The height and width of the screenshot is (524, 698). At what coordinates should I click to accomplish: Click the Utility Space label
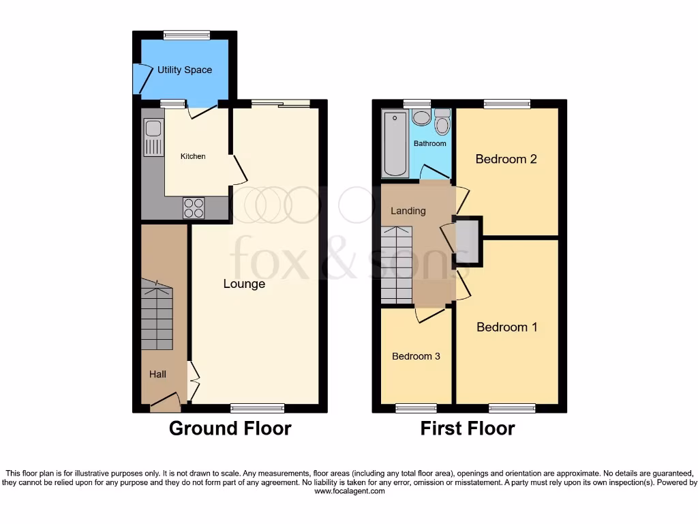tap(184, 70)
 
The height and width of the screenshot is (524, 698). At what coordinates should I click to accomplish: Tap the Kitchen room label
tap(193, 156)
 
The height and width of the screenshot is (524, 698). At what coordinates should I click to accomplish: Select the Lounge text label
tap(244, 284)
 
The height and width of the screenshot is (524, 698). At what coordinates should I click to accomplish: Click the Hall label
tap(158, 374)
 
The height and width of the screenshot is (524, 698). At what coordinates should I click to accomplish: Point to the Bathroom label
tap(429, 143)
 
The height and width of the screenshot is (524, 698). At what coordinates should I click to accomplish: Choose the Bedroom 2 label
tap(506, 159)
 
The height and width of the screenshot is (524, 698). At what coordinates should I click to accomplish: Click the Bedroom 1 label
tap(506, 327)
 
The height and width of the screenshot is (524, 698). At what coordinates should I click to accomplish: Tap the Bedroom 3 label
tap(416, 356)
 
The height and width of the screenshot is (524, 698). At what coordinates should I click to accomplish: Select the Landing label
tap(408, 211)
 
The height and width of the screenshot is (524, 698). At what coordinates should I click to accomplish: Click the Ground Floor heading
tap(230, 428)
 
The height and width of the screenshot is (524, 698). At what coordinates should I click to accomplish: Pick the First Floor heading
tap(467, 428)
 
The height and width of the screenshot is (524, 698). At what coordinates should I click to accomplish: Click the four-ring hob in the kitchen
tap(194, 207)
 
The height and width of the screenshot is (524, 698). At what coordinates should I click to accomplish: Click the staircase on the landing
tap(396, 265)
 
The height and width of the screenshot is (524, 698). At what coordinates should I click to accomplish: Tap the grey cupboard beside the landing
tap(467, 241)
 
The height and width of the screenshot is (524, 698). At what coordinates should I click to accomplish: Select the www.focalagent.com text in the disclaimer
tap(348, 491)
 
